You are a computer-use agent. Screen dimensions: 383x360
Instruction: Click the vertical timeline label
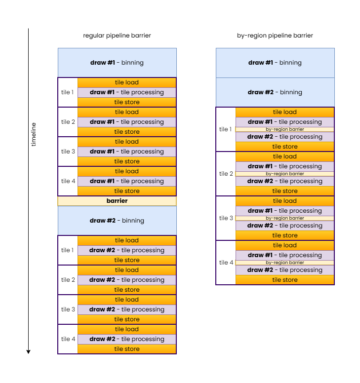[34, 134]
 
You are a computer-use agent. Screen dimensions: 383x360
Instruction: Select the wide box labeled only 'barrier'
[117, 201]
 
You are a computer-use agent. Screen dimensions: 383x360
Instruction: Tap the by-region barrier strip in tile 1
[284, 129]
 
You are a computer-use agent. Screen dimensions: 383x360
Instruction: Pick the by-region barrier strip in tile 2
[284, 174]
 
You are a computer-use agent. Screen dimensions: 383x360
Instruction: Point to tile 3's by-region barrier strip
[284, 218]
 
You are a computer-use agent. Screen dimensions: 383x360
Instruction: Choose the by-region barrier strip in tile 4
[284, 263]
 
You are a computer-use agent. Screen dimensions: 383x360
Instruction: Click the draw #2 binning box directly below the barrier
[117, 221]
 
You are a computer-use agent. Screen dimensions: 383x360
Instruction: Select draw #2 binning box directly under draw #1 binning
[275, 92]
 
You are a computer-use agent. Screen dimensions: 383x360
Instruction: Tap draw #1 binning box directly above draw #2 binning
[275, 63]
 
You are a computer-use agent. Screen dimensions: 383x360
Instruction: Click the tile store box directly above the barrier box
[127, 191]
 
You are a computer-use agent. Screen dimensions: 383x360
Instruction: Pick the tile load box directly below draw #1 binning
[127, 82]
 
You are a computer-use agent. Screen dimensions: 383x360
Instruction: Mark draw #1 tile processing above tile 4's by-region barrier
[284, 255]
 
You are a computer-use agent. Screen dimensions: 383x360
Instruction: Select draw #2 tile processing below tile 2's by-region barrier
[284, 181]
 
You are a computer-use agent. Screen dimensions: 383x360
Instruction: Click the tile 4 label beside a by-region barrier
[226, 263]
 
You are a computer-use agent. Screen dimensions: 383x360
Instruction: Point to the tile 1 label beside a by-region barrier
[226, 129]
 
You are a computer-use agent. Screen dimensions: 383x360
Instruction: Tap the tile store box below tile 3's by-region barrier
[284, 235]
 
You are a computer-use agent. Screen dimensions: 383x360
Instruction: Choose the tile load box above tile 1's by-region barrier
[284, 112]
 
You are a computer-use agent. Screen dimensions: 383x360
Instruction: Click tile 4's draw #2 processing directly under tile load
[127, 339]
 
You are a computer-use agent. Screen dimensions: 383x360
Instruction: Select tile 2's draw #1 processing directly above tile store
[127, 122]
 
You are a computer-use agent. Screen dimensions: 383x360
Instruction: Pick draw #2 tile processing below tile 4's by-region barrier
[284, 270]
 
